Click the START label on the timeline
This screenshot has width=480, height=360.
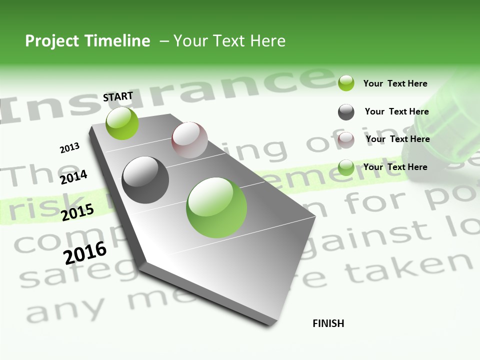(118, 96)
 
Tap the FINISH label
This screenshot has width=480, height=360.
(328, 323)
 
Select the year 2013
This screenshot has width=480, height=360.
(70, 148)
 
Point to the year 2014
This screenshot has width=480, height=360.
(73, 177)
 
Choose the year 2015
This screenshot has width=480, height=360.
(77, 212)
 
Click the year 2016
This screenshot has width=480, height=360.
(85, 252)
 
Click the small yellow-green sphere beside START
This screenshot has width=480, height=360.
(122, 123)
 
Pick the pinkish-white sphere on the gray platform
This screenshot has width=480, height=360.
(189, 140)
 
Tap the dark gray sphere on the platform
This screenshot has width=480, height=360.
(145, 180)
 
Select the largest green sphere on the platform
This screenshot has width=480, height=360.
(216, 207)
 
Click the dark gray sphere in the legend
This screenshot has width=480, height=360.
(346, 112)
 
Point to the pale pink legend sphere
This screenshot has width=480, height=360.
(346, 139)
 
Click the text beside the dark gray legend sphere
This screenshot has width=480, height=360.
(396, 111)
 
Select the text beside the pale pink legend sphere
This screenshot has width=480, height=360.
(397, 139)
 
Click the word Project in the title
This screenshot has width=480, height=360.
(52, 41)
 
